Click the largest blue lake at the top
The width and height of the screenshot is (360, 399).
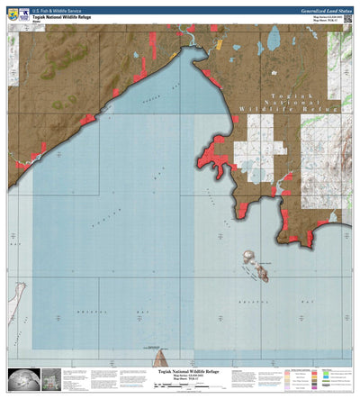click(274, 38)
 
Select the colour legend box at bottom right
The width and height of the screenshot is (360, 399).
click(315, 379)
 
